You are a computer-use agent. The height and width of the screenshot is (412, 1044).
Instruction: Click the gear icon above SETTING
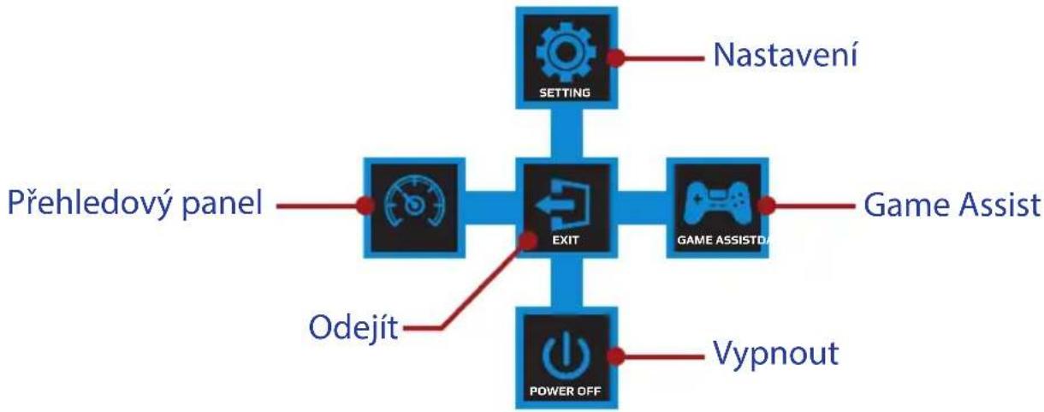(x=566, y=51)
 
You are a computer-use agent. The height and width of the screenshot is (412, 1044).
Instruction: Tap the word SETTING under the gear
(x=565, y=93)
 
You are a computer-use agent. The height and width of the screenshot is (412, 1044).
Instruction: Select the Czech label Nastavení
(x=786, y=55)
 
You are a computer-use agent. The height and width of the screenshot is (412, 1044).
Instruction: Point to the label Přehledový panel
(x=135, y=204)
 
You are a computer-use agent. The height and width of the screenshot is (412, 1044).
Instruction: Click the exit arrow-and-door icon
(x=563, y=205)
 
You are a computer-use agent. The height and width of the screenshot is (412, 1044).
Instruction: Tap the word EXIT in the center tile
(x=566, y=240)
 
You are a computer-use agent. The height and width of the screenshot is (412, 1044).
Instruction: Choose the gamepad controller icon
(x=717, y=204)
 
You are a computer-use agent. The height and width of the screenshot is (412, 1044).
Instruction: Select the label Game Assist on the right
(x=952, y=205)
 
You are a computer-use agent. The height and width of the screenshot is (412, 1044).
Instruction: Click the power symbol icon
(x=566, y=355)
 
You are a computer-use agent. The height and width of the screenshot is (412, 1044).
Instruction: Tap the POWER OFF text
(x=565, y=391)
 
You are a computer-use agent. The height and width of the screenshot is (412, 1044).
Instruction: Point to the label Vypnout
(x=776, y=354)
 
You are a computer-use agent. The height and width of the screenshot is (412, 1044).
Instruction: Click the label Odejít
(x=353, y=327)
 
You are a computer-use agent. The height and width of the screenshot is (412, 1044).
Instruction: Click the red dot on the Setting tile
(x=615, y=58)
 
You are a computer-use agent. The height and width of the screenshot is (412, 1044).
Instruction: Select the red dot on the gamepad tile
(x=766, y=206)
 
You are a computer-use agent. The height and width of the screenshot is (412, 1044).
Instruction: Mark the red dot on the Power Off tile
(x=615, y=356)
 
